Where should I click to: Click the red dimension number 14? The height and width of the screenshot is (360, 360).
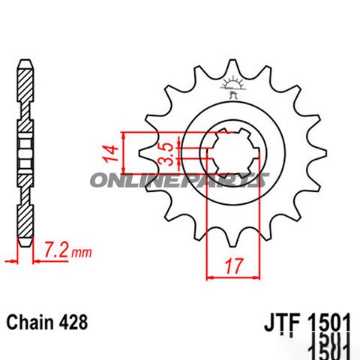click(110, 154)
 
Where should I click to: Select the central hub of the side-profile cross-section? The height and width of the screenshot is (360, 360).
click(25, 153)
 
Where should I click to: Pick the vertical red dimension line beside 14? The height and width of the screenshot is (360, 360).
click(122, 154)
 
